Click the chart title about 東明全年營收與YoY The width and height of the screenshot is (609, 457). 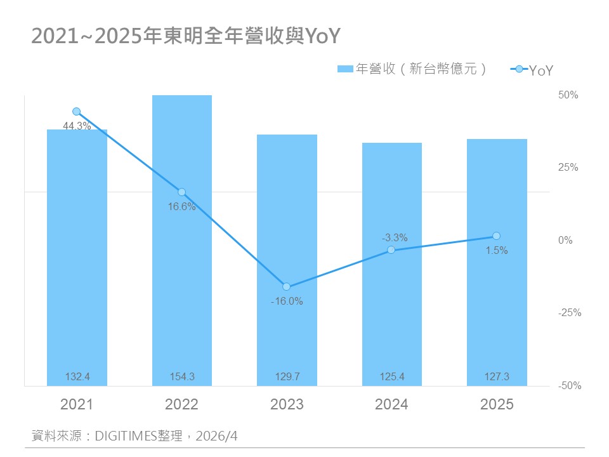point(186,36)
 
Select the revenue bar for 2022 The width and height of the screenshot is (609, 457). point(181,241)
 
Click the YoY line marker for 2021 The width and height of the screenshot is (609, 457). point(77,112)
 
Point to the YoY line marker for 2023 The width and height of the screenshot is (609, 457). point(286,287)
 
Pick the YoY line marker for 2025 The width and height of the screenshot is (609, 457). point(496,236)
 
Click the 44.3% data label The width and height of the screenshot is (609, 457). point(77,126)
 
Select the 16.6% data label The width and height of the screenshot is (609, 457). point(181,206)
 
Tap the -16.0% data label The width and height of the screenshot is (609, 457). point(286,301)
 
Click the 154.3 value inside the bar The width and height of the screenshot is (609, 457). point(182,377)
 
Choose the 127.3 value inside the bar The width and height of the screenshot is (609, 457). point(497,377)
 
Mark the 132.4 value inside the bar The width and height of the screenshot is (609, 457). point(77,377)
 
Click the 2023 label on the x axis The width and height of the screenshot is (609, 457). point(287,404)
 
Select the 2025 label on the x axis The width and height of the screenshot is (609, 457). point(497,404)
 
